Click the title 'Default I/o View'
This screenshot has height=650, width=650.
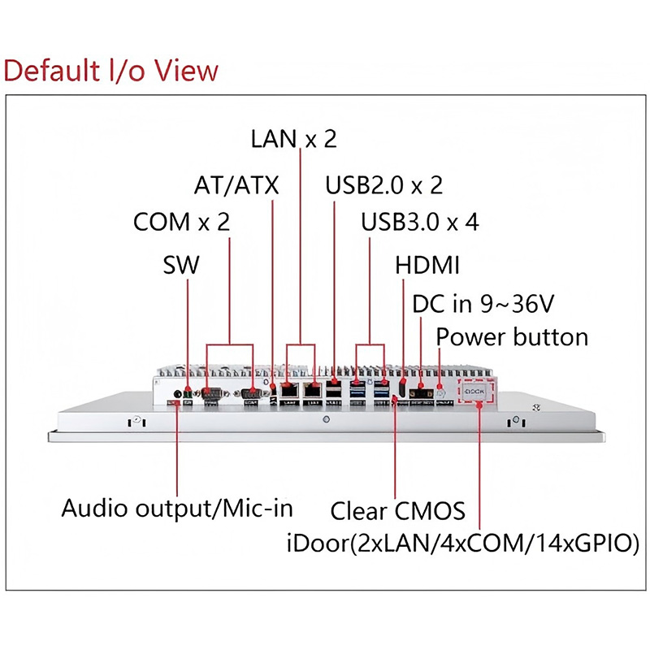111,71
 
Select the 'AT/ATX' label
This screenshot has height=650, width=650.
236,185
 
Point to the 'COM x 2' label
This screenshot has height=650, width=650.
181,222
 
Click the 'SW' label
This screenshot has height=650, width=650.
181,265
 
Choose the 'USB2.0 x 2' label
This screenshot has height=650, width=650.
383,185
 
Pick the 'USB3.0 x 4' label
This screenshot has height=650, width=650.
420,222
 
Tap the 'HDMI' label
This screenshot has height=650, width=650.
427,265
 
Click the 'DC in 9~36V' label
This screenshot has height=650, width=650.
483,304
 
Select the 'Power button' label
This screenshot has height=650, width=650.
512,336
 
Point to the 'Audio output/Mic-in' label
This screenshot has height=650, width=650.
177,509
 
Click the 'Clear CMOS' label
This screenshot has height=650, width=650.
397,511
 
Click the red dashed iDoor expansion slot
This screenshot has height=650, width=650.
476,391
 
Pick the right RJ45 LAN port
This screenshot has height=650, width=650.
312,390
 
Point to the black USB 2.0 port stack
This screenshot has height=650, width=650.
334,392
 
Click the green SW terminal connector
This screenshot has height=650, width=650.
188,393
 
